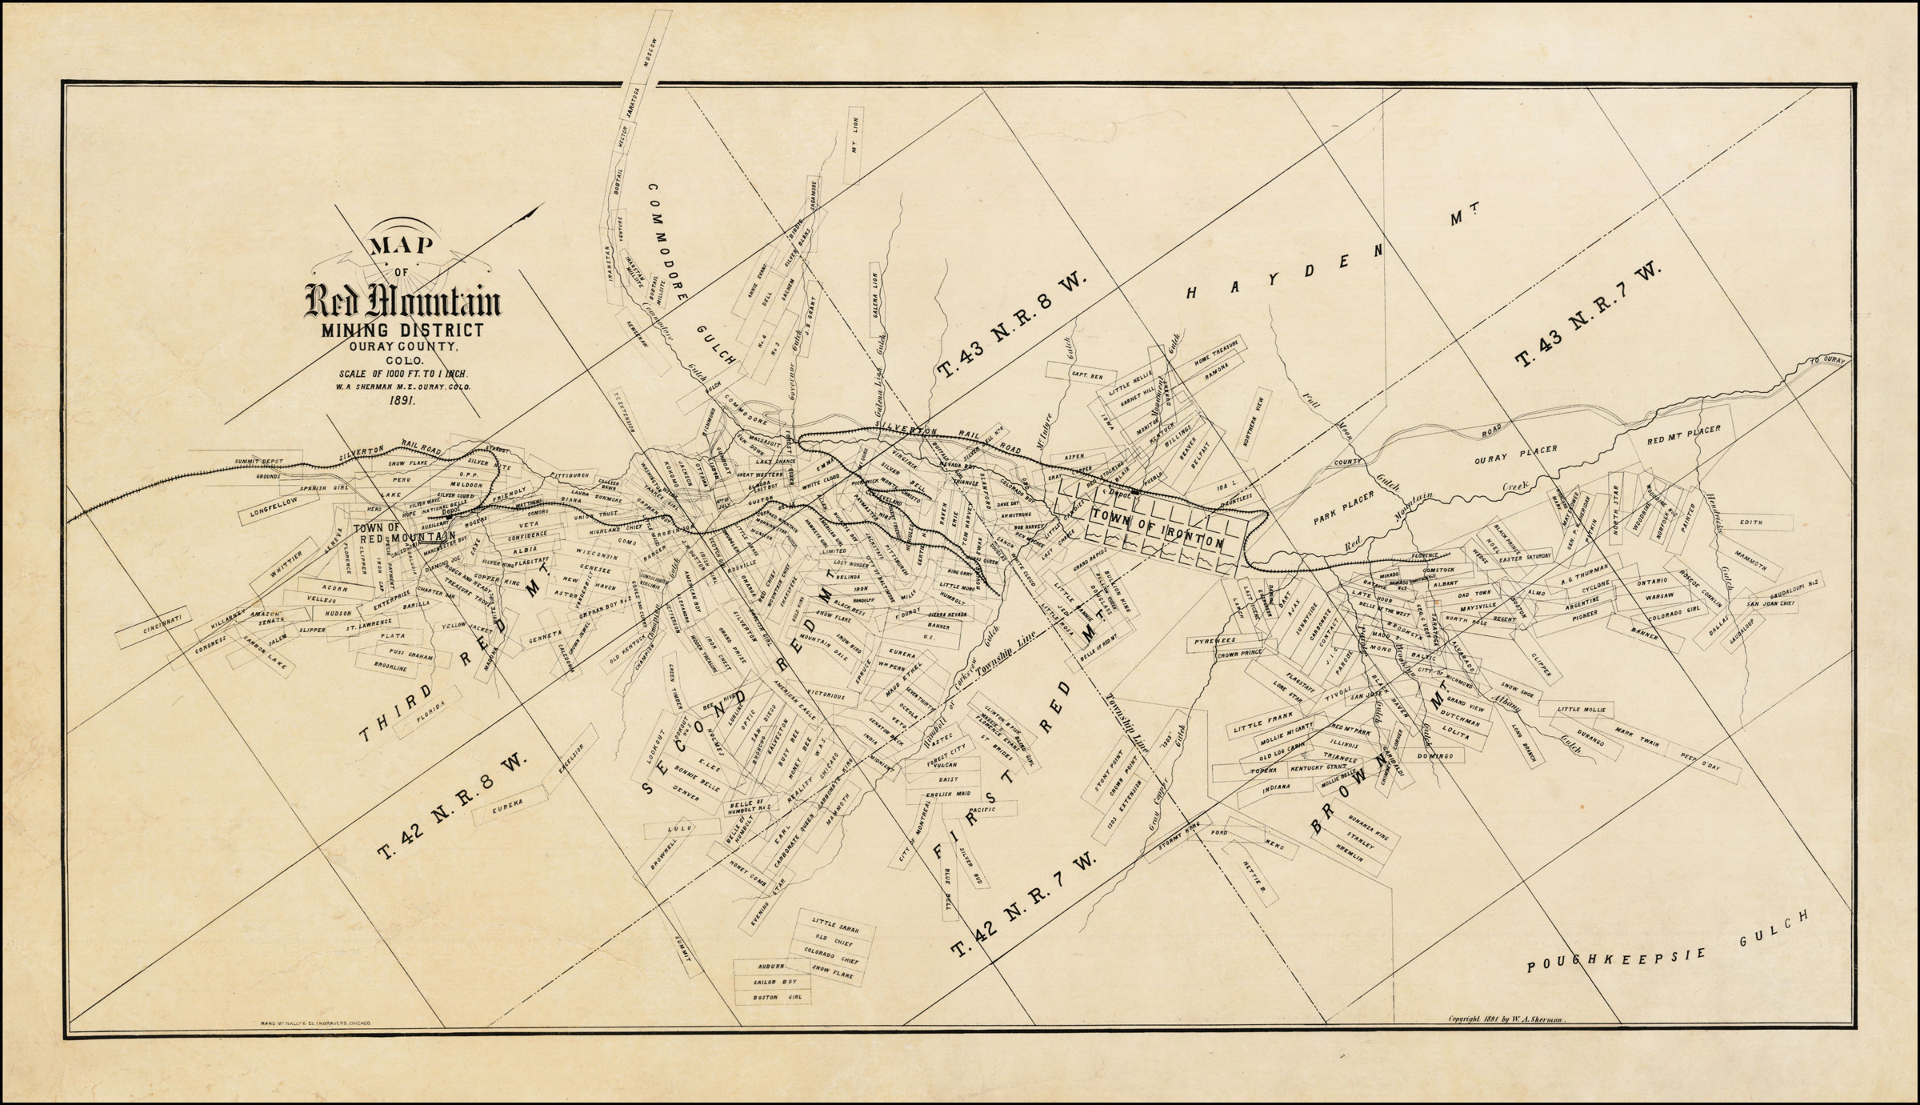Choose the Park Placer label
coord(1343,509)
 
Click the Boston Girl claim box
coord(771,998)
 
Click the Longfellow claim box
coord(273,510)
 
